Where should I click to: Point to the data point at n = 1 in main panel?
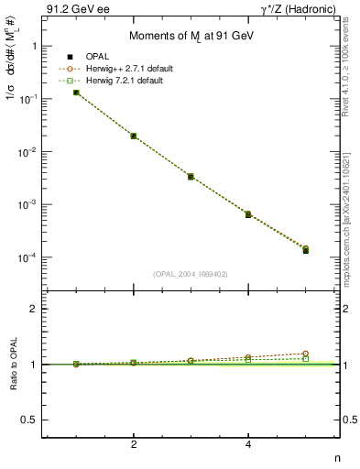pyautogui.click(x=76, y=93)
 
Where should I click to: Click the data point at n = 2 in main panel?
pyautogui.click(x=134, y=136)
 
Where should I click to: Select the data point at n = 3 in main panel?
pyautogui.click(x=191, y=176)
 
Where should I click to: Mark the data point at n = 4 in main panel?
pyautogui.click(x=248, y=214)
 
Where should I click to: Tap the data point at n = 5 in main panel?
pyautogui.click(x=305, y=250)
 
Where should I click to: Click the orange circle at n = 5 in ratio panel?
pyautogui.click(x=305, y=354)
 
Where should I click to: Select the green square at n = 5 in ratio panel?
pyautogui.click(x=305, y=359)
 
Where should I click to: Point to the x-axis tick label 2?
pyautogui.click(x=134, y=444)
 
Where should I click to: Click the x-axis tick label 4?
pyautogui.click(x=248, y=444)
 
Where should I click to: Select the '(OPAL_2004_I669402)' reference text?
pyautogui.click(x=190, y=273)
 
